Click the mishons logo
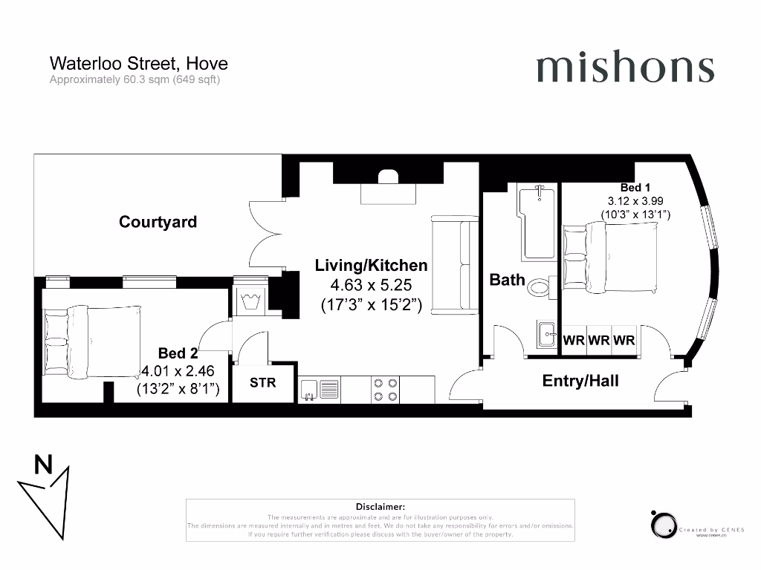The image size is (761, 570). point(624,68)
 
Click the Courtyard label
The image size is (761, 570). point(158,222)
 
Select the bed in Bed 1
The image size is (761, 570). point(609,260)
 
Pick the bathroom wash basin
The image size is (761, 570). point(547,334)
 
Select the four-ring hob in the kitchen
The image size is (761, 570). point(385,389)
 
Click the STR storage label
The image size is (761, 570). point(262,384)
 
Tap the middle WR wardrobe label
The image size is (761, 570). point(599,341)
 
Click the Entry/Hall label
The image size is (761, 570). point(580,381)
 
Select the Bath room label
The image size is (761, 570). point(507,281)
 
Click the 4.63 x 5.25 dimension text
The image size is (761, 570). point(372,285)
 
